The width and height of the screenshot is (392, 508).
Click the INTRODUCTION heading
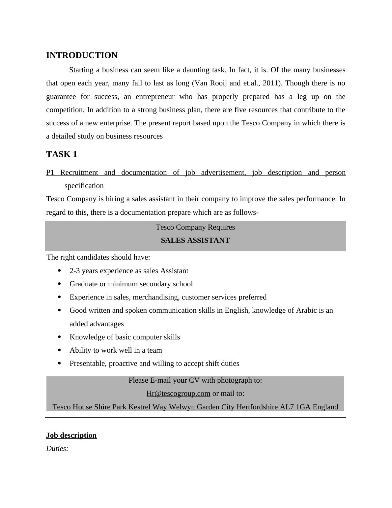82,55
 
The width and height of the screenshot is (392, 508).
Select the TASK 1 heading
62,154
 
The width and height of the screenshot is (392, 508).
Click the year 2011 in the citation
270,83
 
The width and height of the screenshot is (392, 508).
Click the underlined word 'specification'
84,186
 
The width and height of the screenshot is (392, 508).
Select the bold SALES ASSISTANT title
195,240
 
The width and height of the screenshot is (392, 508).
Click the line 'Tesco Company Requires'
195,227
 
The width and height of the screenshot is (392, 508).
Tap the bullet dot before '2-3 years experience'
59,270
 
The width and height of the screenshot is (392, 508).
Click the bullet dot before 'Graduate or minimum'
59,284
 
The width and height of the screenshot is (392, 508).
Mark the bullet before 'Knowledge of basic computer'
59,337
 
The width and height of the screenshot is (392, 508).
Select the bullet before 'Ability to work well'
59,350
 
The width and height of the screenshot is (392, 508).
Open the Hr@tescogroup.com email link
178,394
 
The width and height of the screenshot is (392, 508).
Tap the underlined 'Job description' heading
71,435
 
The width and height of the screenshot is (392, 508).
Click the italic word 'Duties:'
57,449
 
